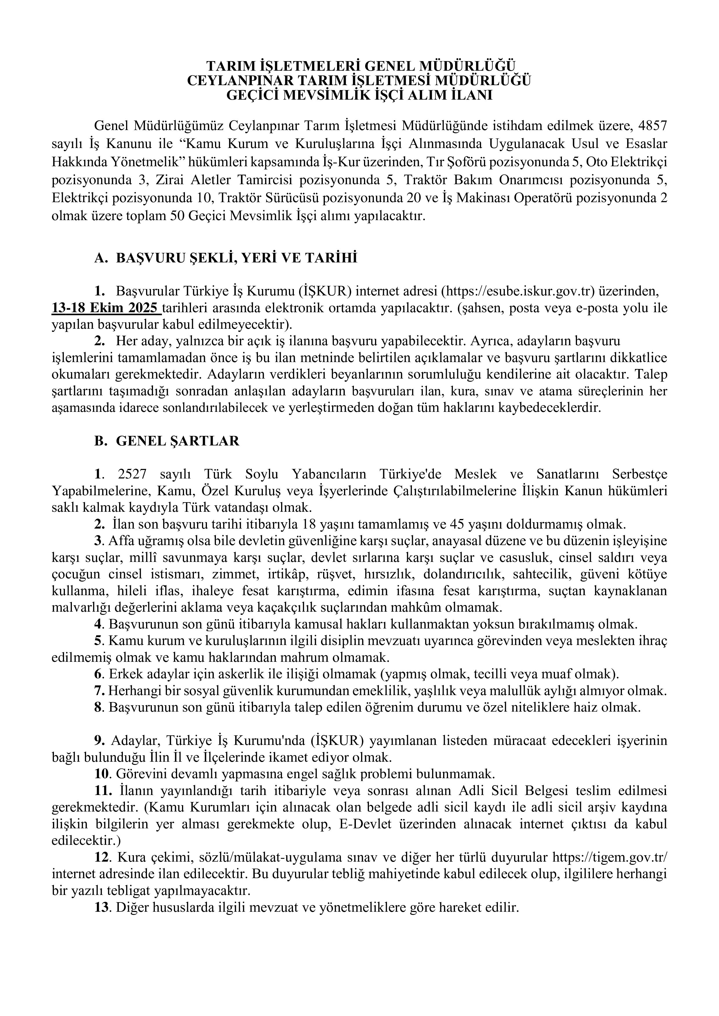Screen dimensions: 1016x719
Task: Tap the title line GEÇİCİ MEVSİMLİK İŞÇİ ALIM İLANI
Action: (x=359, y=95)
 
